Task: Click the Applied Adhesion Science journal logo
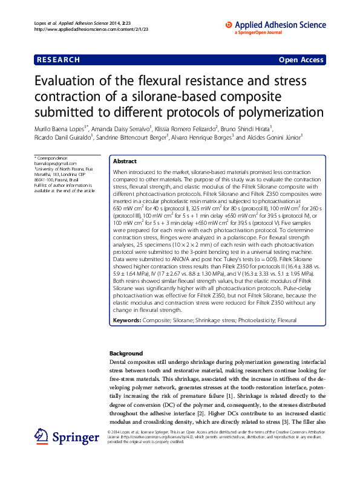pyautogui.click(x=275, y=25)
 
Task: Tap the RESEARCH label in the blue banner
pyautogui.click(x=58, y=60)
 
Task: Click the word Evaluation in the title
pyautogui.click(x=70, y=82)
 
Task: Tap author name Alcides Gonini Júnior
pyautogui.click(x=272, y=137)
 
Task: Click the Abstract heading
pyautogui.click(x=125, y=161)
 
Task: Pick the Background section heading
pyautogui.click(x=126, y=353)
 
